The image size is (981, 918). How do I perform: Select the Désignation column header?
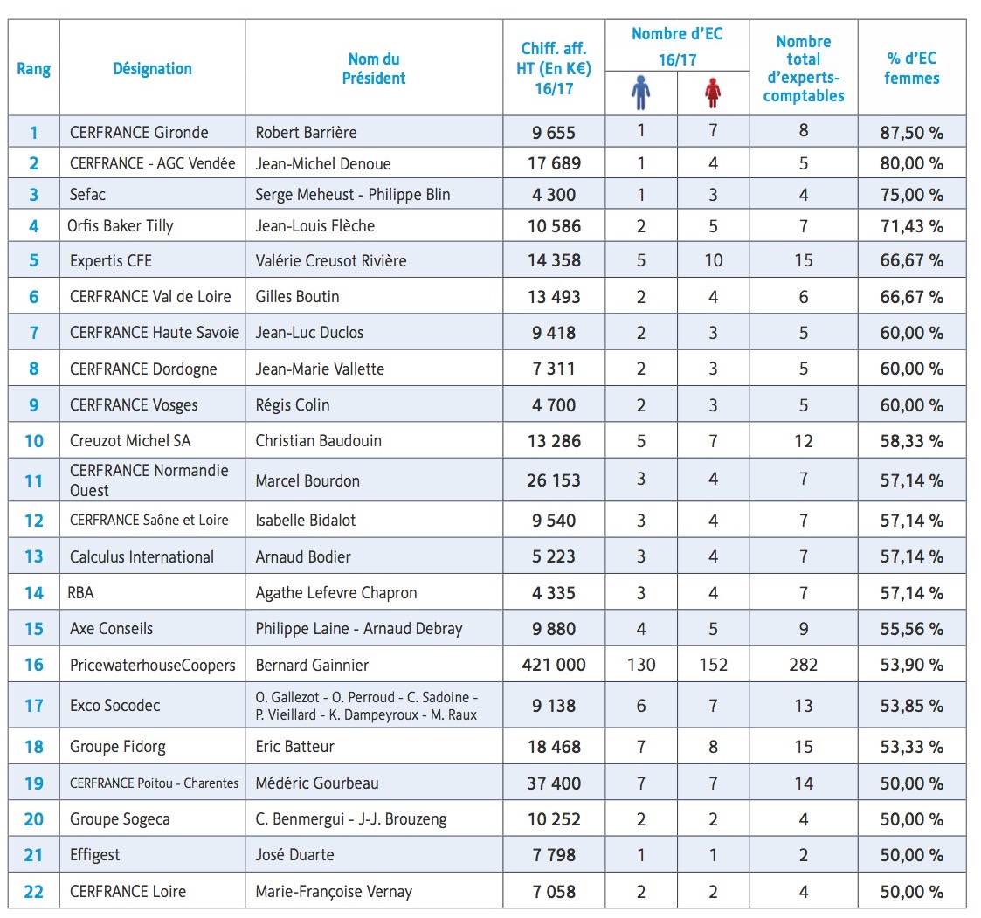coord(152,68)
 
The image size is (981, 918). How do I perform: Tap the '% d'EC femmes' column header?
coord(911,68)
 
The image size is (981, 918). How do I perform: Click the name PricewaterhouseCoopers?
coord(153,666)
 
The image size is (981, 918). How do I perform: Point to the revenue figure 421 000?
coord(554,666)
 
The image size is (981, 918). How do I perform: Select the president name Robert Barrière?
coord(306,133)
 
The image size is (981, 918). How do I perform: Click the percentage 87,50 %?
coord(911,133)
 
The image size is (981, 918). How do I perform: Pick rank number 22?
coord(33,892)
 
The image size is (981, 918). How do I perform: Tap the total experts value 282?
coord(803,666)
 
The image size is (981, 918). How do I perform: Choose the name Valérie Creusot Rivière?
coord(330,260)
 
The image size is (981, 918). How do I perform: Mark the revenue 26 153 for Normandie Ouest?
coord(554,480)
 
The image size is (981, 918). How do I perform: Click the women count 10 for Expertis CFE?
coord(713,260)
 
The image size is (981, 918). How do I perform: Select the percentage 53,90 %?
coord(911,666)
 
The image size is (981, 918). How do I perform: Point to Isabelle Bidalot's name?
coord(305,521)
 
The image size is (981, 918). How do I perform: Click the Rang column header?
coord(33,68)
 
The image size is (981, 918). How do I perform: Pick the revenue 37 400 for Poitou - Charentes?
coord(554,783)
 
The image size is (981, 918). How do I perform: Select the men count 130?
coord(641,666)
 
